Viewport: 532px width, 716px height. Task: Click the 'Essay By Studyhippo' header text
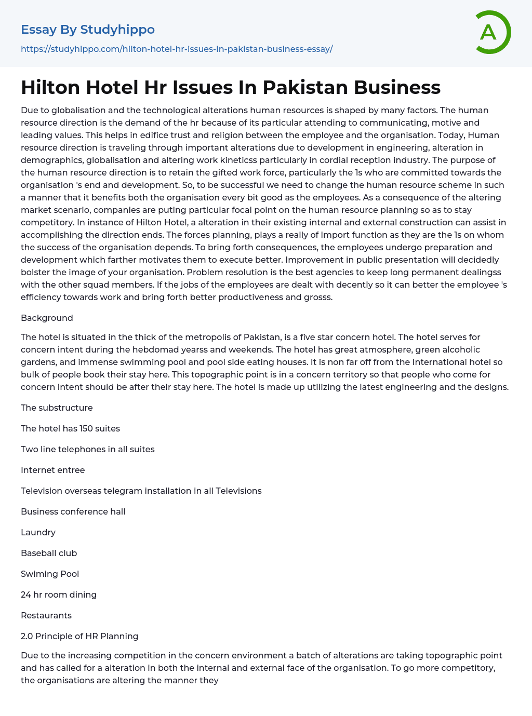tap(88, 30)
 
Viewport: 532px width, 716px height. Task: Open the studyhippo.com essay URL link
tap(177, 49)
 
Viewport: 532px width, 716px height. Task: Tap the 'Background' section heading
tap(47, 318)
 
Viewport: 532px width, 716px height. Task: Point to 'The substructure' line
tap(57, 408)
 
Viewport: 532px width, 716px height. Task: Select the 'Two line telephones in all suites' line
tap(88, 449)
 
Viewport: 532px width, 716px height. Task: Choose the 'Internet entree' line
tap(52, 470)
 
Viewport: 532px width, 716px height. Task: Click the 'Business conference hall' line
tap(73, 511)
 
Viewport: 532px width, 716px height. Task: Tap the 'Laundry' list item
tap(38, 532)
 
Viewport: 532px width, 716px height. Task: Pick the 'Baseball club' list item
tap(49, 553)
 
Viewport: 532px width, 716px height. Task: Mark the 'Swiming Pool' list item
tap(50, 574)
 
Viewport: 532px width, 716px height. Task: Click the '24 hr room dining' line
tap(59, 595)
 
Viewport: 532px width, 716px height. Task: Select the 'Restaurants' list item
tap(46, 615)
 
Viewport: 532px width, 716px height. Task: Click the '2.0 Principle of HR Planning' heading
tap(79, 636)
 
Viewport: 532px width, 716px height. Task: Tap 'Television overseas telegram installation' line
tap(141, 491)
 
